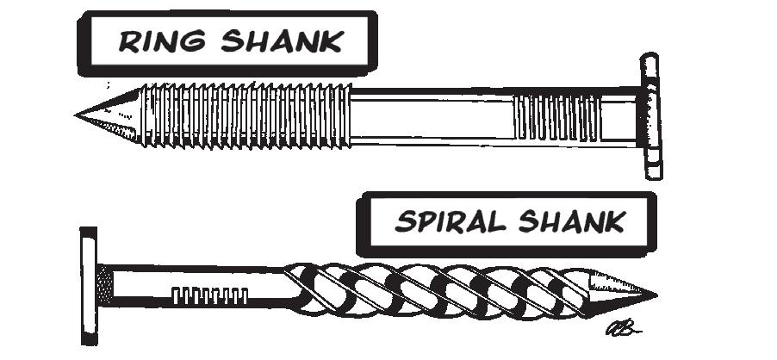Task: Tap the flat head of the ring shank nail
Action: [650, 116]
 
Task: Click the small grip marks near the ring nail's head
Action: [556, 117]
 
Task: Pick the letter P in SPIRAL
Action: [420, 222]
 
